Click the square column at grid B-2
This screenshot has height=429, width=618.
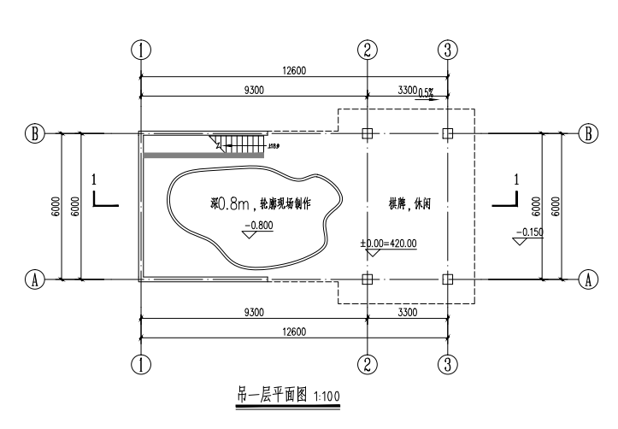point(367,133)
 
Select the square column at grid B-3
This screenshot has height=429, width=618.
point(446,133)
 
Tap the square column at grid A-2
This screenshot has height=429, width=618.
point(367,279)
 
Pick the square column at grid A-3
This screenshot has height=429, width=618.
point(446,279)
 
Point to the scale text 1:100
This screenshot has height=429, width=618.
point(328,397)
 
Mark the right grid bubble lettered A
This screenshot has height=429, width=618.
point(587,279)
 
